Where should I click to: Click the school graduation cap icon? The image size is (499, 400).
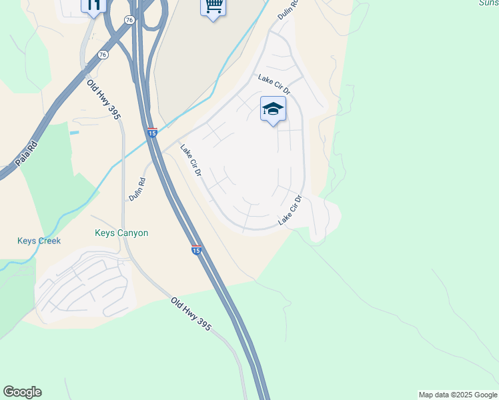pos(273,109)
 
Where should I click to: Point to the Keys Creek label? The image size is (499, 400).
pos(39,241)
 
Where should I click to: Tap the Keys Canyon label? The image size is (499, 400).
pos(121,233)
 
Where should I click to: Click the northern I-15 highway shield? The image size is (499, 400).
pos(152,133)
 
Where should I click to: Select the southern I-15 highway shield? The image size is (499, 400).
pos(196,250)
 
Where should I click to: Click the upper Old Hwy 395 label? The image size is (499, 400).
pos(103,99)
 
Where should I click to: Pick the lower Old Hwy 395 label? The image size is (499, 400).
pos(191,315)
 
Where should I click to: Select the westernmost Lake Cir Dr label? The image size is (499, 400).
pos(191,161)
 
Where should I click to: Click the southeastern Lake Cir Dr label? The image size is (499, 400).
pos(290,209)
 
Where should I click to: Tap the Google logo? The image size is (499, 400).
pos(22,392)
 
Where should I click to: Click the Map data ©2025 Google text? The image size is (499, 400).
pos(457,395)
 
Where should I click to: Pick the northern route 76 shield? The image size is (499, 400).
pos(129,21)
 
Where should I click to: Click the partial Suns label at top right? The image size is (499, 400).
pos(488,3)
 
